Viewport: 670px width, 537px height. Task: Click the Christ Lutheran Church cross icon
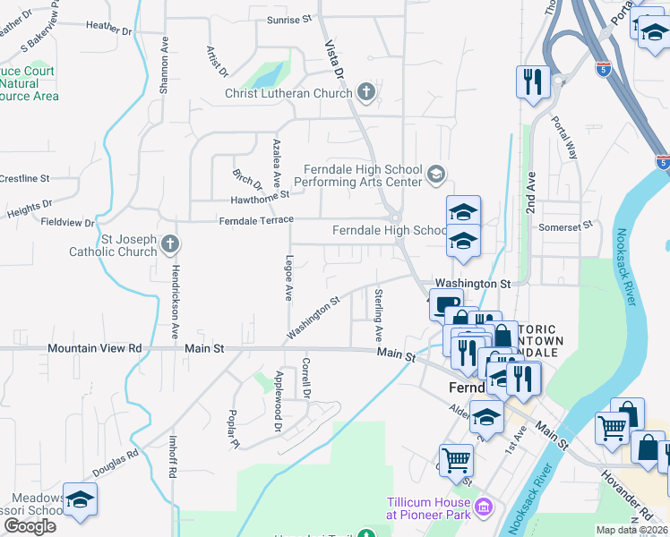click(x=365, y=91)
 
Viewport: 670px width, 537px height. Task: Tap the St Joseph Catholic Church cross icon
click(x=170, y=243)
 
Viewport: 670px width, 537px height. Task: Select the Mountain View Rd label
click(x=95, y=347)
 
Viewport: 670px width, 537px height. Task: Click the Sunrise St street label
click(x=290, y=20)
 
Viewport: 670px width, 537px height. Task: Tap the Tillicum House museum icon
click(x=484, y=508)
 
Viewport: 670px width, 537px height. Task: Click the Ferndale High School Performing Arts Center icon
click(x=436, y=174)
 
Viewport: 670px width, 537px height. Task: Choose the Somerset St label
click(x=566, y=227)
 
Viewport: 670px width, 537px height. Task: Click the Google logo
click(x=30, y=526)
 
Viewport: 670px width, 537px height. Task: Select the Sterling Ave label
click(x=380, y=315)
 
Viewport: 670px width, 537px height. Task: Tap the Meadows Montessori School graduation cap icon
click(x=80, y=501)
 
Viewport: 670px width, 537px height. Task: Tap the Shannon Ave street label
click(x=165, y=65)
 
